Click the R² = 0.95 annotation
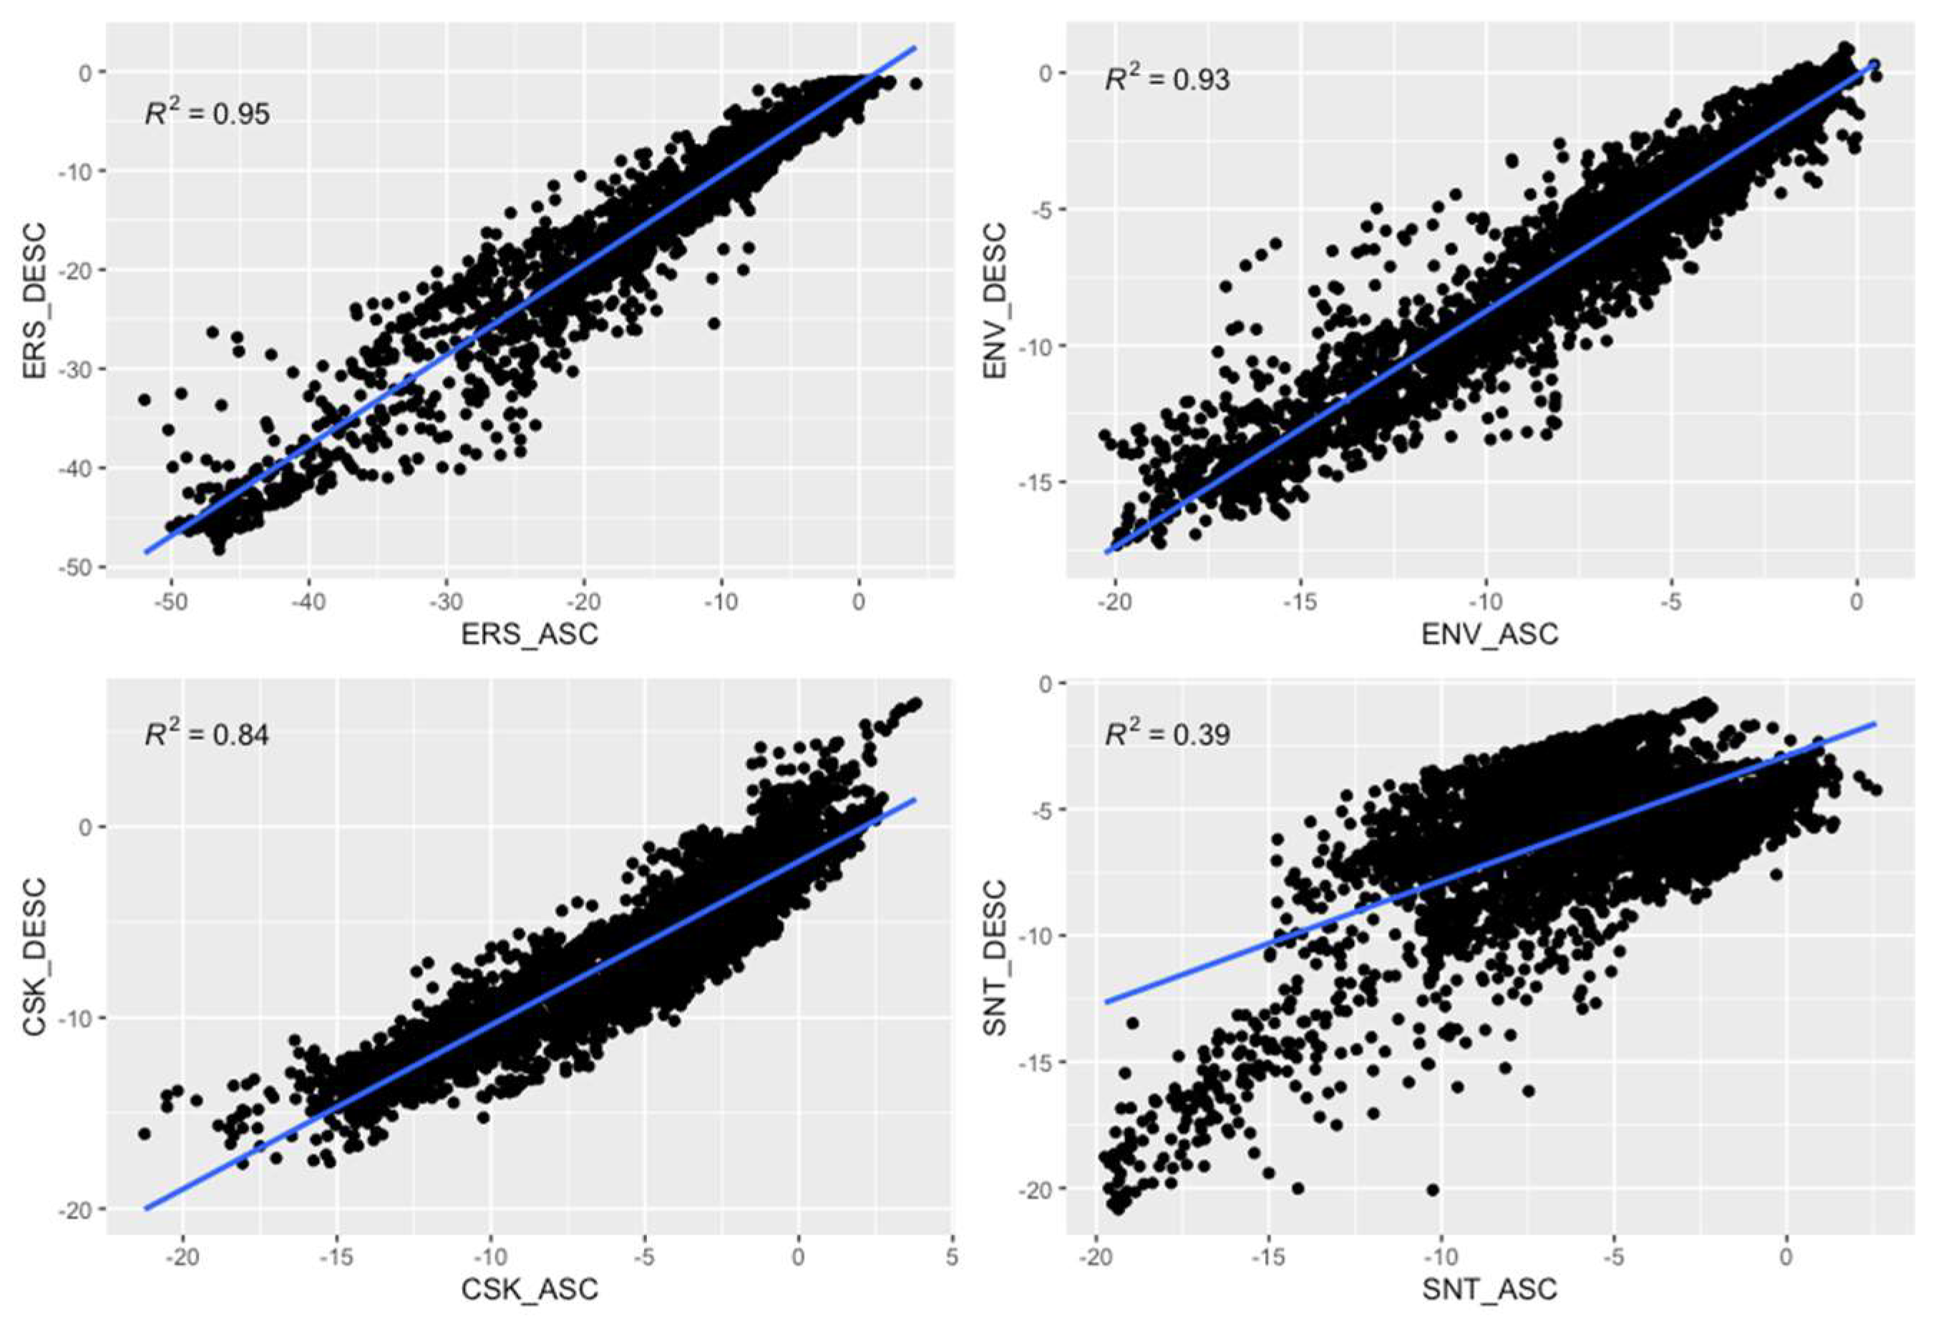click(x=208, y=112)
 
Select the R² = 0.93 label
click(x=1167, y=79)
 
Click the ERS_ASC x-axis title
click(x=530, y=633)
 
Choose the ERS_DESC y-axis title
click(x=35, y=302)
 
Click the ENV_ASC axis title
click(x=1490, y=633)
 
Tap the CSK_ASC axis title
click(x=530, y=1288)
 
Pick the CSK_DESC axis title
click(x=35, y=956)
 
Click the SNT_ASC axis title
click(x=1490, y=1288)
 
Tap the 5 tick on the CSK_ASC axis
click(x=953, y=1257)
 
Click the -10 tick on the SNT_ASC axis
click(x=1441, y=1257)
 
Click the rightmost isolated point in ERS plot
click(x=915, y=84)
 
